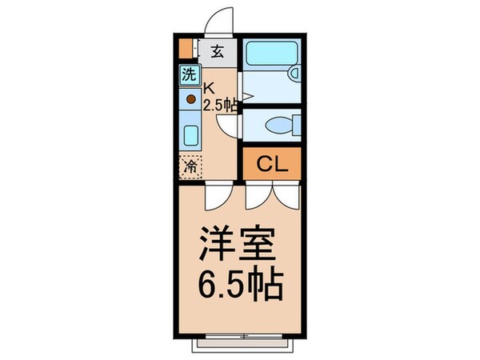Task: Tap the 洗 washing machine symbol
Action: point(187,77)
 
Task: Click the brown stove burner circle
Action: point(191,100)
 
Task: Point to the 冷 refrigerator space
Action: point(190,166)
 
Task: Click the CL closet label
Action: point(271,164)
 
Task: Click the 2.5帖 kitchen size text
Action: point(220,105)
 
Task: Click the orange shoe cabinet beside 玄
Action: point(186,49)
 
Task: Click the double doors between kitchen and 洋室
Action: point(217,194)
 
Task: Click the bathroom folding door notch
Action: point(247,96)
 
